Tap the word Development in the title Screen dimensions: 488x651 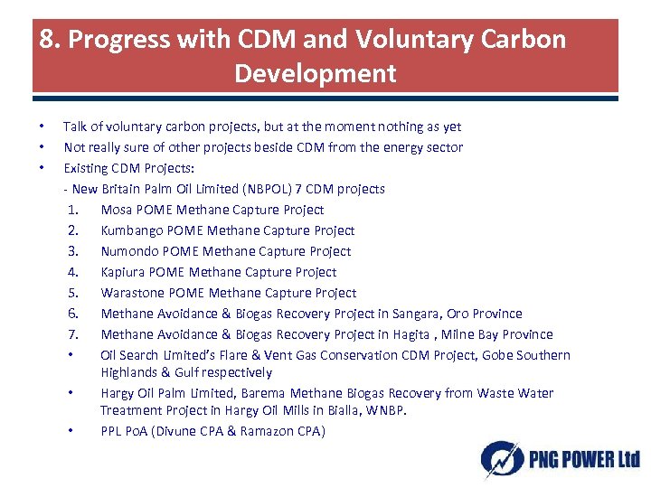click(315, 73)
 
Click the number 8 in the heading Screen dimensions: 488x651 click(47, 40)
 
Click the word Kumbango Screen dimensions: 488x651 click(132, 230)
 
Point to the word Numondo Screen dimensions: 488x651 click(130, 251)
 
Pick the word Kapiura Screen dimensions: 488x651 click(125, 272)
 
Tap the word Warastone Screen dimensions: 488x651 click(132, 293)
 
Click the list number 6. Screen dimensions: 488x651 click(72, 314)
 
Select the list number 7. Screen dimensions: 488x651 click(72, 334)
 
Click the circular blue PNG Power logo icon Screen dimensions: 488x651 click(500, 458)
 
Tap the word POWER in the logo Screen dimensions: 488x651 click(579, 460)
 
